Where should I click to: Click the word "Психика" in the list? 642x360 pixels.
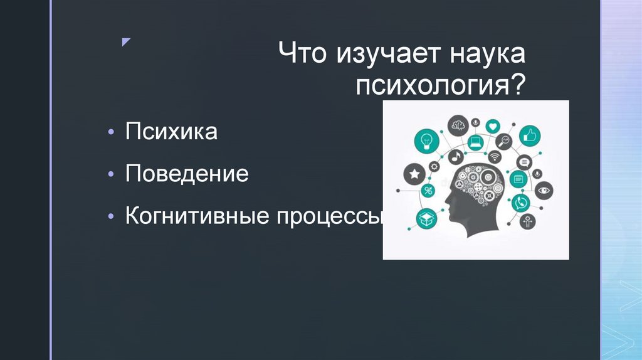(171, 132)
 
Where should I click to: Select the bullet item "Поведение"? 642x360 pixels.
(187, 174)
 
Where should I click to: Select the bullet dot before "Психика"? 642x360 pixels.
(111, 134)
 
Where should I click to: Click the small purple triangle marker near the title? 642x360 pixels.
(125, 42)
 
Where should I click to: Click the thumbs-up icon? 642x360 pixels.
(531, 134)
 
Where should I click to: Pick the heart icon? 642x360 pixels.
(493, 125)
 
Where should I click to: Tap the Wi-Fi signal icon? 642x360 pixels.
(495, 157)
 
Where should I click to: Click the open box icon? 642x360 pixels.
(427, 218)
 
